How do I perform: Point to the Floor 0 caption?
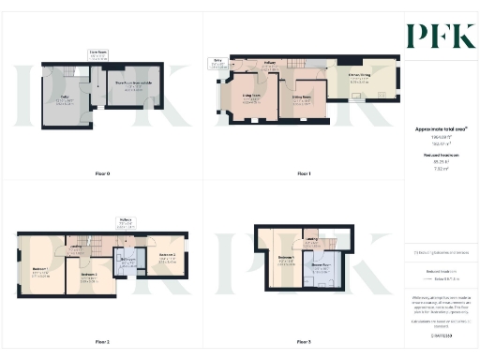(103, 174)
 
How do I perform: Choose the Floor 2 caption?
(103, 342)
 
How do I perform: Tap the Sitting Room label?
(302, 97)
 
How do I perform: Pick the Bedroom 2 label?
(167, 256)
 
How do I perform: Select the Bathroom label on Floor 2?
(126, 262)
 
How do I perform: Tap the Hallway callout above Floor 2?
(126, 221)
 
